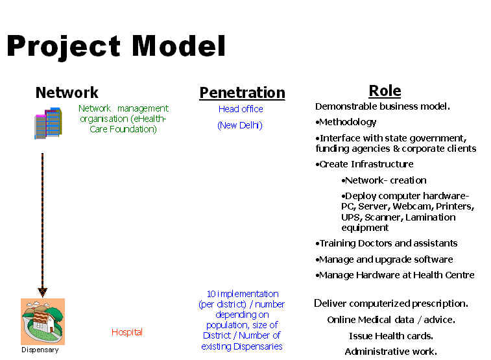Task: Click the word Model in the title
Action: click(178, 45)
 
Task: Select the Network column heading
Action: click(67, 92)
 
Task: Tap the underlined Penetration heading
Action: click(242, 93)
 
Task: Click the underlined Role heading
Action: click(385, 91)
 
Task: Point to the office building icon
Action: click(48, 123)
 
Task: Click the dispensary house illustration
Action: click(43, 322)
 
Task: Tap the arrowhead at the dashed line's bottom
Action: click(43, 292)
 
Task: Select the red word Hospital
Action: click(127, 332)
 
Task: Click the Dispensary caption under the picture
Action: click(40, 350)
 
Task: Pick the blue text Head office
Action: click(241, 109)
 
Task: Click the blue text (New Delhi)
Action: click(240, 125)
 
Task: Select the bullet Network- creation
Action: click(384, 180)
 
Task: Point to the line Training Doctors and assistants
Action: click(387, 243)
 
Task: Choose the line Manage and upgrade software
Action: click(384, 259)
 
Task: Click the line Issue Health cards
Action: click(391, 336)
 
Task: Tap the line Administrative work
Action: click(391, 352)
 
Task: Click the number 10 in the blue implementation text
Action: click(211, 294)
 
